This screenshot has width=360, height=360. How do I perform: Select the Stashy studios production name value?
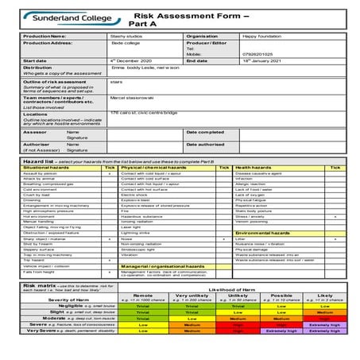126,36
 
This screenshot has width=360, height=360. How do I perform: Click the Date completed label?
204,132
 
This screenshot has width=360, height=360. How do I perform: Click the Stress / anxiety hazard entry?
251,215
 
